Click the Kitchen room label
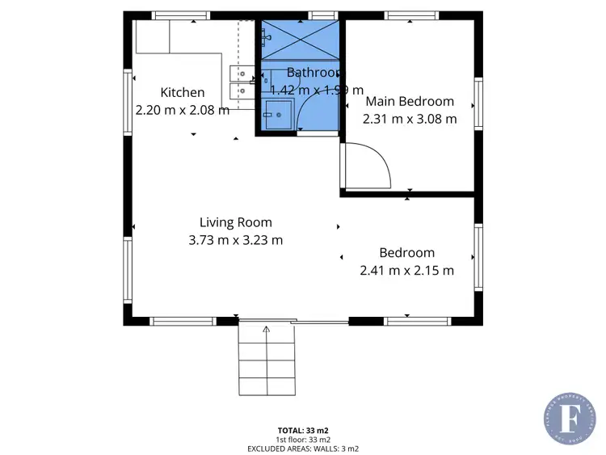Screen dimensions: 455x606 click(182, 92)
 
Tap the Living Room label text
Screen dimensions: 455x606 click(236, 222)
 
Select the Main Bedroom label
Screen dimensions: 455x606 click(410, 102)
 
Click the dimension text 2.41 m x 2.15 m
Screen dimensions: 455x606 click(406, 271)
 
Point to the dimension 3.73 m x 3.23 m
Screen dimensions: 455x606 click(236, 240)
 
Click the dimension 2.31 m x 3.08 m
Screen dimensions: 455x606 click(410, 119)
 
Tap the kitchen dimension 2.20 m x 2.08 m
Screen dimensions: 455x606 click(182, 110)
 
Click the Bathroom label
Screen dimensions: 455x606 click(315, 72)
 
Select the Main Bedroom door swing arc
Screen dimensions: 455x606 click(376, 162)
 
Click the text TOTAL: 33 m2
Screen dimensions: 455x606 click(303, 431)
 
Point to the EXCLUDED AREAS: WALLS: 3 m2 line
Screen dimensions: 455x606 click(303, 447)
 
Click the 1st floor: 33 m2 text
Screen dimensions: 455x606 click(303, 439)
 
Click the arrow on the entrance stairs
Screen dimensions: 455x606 click(267, 331)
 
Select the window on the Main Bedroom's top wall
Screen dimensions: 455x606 click(411, 15)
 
